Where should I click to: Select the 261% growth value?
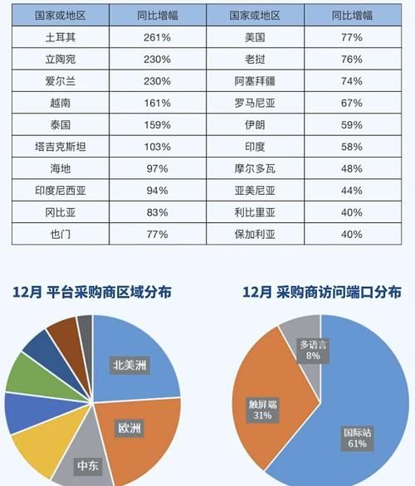pyautogui.click(x=157, y=37)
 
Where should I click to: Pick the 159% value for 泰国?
pyautogui.click(x=157, y=125)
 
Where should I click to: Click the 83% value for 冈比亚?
pyautogui.click(x=157, y=212)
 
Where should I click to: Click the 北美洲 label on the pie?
pyautogui.click(x=132, y=365)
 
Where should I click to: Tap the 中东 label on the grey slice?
pyautogui.click(x=87, y=466)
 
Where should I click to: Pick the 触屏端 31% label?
pyautogui.click(x=263, y=410)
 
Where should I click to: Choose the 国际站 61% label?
pyautogui.click(x=359, y=437)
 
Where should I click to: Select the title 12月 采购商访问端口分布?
pyautogui.click(x=321, y=293)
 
